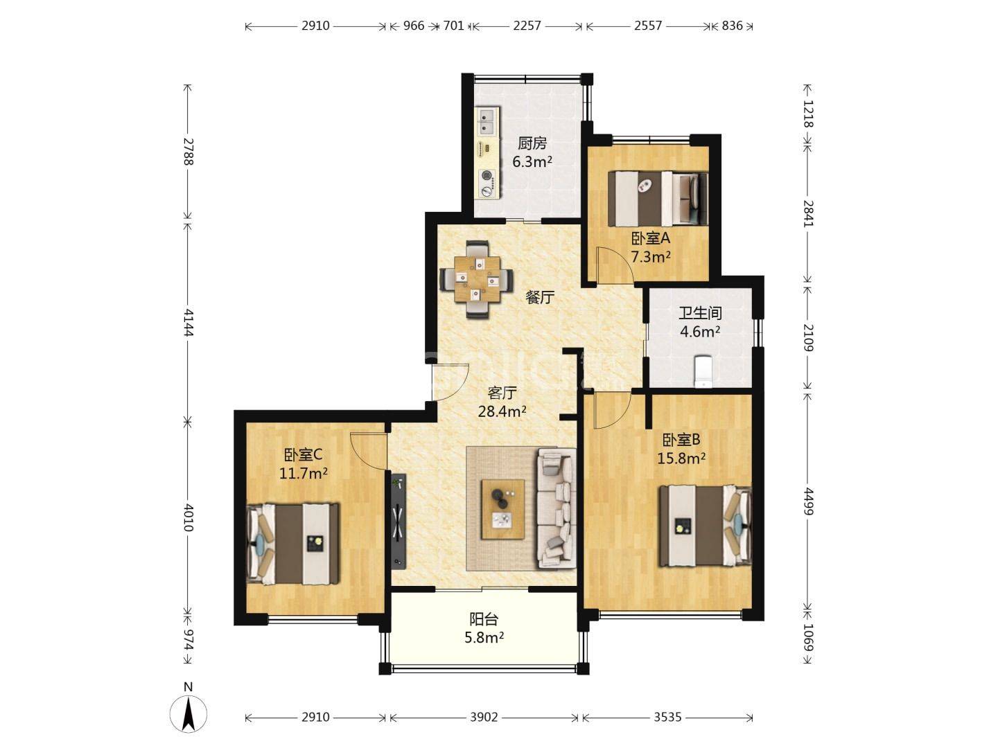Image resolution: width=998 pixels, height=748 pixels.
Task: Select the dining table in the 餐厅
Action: [477, 279]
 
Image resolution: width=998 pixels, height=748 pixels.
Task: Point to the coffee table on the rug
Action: [503, 509]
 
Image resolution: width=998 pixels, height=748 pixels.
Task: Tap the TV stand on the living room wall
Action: [399, 521]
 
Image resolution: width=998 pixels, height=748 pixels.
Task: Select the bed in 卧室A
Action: [658, 198]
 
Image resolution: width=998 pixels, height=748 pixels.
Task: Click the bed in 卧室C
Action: [292, 544]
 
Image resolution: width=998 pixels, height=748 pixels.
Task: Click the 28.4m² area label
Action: [502, 411]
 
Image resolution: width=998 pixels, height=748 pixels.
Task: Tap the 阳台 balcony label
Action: [484, 618]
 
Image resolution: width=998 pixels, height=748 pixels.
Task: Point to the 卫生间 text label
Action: [700, 313]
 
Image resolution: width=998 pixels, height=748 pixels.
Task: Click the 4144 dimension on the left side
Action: [189, 323]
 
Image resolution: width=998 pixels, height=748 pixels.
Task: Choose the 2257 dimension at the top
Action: [527, 26]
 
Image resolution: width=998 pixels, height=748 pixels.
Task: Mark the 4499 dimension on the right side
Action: [807, 501]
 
